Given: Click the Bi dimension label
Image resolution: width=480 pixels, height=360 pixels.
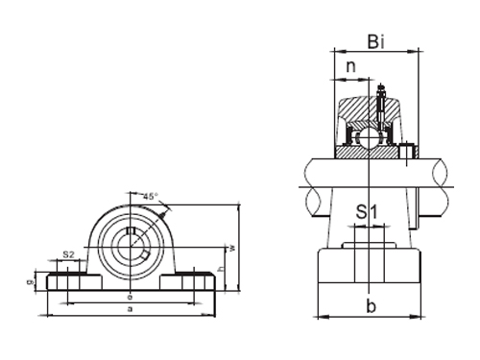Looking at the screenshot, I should click(377, 41).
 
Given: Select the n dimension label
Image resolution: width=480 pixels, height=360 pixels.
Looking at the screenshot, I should click(351, 68).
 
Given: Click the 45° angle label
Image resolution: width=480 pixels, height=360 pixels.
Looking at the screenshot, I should click(150, 196).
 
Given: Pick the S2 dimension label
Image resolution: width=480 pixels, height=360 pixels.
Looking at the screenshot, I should click(68, 253).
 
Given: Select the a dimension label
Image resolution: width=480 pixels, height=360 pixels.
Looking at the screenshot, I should click(130, 310).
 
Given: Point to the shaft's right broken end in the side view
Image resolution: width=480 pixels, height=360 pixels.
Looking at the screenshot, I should click(442, 186).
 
